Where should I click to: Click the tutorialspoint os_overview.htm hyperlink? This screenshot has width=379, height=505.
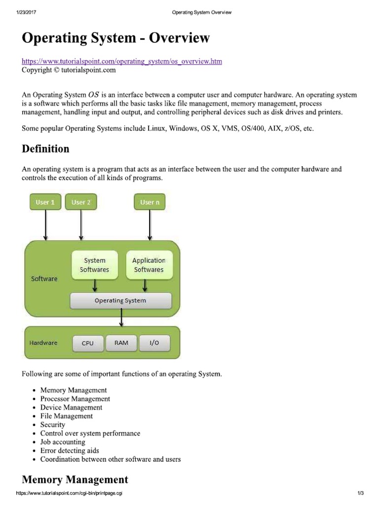tap(122, 61)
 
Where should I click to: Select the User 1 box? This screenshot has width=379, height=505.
tap(45, 202)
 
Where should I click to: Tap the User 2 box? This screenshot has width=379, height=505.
tap(81, 202)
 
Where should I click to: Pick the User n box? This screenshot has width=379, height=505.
tap(150, 202)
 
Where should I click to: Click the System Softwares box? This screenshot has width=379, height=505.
tap(94, 265)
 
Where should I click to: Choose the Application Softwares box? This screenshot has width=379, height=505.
tap(149, 265)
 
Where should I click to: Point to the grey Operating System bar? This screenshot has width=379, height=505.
tap(121, 300)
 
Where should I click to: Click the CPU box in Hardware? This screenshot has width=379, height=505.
tap(88, 343)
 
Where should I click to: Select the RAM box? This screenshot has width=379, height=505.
tap(121, 343)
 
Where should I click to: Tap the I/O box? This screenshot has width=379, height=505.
tap(154, 343)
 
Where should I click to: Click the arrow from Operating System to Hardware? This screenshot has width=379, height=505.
tap(121, 318)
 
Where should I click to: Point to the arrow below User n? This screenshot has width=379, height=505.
tap(150, 225)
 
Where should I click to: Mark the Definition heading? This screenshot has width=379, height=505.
tap(45, 148)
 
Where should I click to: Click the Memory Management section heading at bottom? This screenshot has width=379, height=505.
tap(75, 479)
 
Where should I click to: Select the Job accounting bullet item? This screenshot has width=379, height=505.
tap(63, 442)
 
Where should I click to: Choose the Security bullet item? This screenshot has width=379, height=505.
tap(53, 425)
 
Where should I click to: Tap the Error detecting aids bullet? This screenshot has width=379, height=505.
tap(70, 450)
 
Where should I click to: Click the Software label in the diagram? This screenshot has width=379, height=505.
tap(44, 279)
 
